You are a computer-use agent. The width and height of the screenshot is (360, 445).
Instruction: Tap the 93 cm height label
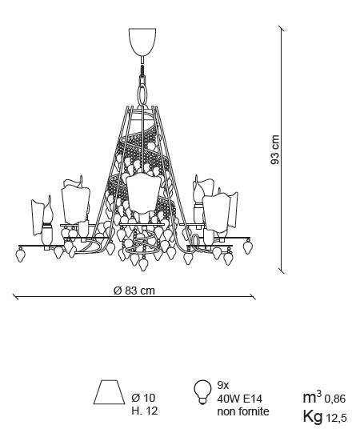(x=274, y=150)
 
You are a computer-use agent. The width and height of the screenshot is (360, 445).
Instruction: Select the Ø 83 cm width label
(x=134, y=291)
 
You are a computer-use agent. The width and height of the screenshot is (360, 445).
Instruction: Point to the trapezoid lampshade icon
(x=110, y=392)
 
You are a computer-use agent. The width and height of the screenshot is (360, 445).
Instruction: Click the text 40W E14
(x=240, y=399)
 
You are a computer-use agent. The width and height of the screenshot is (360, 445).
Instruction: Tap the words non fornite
(x=243, y=411)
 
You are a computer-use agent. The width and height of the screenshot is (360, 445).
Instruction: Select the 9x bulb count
(x=222, y=386)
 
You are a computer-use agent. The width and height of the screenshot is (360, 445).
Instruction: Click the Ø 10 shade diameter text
(x=143, y=398)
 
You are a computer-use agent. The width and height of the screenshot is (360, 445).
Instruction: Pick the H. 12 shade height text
(x=144, y=411)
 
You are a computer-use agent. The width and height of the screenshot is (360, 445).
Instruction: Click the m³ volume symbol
(x=312, y=397)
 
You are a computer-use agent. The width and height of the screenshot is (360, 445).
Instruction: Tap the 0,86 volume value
(x=335, y=399)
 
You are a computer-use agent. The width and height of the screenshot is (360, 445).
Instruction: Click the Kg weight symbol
(x=312, y=417)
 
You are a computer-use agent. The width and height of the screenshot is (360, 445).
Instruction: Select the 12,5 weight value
(x=336, y=418)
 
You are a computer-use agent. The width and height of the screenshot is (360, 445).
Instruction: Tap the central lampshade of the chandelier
(x=143, y=194)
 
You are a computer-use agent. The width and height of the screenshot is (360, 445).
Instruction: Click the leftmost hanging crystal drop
(x=21, y=255)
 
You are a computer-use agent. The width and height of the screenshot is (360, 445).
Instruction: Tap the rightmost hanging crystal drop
(x=248, y=247)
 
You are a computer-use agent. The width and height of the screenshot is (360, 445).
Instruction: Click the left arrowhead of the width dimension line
(x=15, y=297)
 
